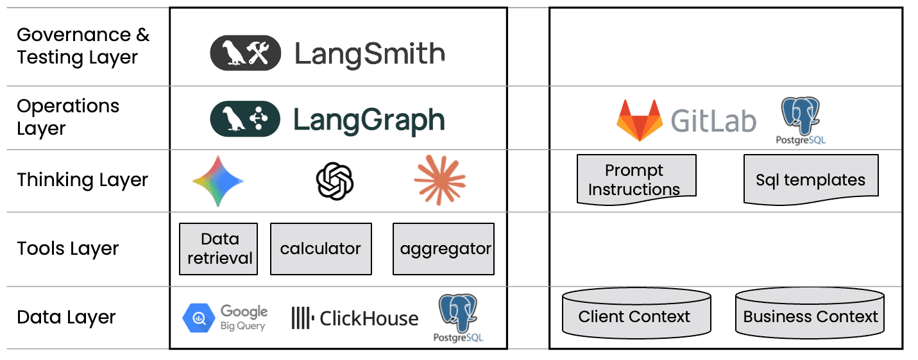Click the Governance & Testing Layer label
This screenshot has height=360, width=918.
click(83, 46)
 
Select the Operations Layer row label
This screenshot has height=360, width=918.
click(68, 117)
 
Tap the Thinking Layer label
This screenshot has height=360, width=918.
click(82, 180)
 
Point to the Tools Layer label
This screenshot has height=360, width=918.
click(68, 248)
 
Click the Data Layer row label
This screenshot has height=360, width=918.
click(67, 317)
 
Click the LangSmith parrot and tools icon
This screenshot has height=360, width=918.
click(245, 53)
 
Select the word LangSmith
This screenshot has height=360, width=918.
click(369, 54)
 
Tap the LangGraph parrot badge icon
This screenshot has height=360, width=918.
click(245, 119)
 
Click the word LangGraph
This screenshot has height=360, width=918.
click(369, 120)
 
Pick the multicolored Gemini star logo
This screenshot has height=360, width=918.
click(217, 180)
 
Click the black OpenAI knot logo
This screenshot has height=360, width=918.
click(334, 180)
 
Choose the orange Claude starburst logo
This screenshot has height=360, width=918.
click(439, 180)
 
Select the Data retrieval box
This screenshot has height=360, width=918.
click(219, 249)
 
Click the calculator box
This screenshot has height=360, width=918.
click(321, 249)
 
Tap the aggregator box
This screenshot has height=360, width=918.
click(443, 249)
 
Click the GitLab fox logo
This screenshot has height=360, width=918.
click(639, 120)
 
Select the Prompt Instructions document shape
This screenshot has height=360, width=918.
click(636, 180)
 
